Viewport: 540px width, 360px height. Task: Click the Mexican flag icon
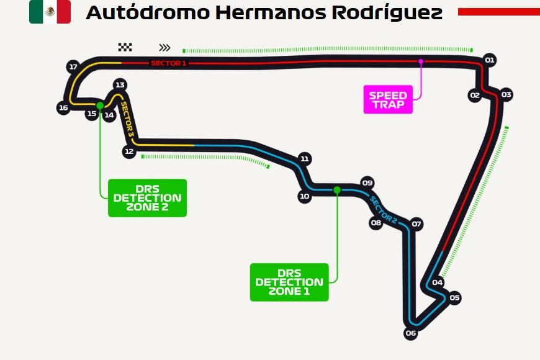coord(50,12)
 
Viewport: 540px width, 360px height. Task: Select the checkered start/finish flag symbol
coord(125,47)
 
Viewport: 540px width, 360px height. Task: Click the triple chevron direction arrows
coord(164,47)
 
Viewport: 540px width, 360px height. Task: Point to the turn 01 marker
coord(490,60)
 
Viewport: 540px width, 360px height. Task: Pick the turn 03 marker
coord(506,95)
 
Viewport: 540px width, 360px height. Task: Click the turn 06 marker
coord(410,333)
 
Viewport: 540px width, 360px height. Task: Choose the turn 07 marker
coord(416,224)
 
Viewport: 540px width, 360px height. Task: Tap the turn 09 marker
coord(367,182)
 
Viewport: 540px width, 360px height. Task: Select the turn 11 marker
coord(304,158)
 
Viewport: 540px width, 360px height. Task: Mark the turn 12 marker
coord(129,151)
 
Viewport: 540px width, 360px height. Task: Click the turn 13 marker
coord(120,85)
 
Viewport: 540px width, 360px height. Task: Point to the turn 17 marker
coord(73,66)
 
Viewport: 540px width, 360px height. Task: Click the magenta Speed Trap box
coord(389,100)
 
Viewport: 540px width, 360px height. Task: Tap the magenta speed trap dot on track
coord(421,61)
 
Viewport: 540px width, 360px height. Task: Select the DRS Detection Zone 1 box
coord(289,282)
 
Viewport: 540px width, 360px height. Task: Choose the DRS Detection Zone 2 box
coord(147,198)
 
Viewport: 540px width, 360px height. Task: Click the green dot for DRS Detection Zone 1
coord(336,190)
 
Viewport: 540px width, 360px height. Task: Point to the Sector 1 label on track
coord(168,63)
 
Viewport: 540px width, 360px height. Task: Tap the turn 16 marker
coord(63,108)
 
